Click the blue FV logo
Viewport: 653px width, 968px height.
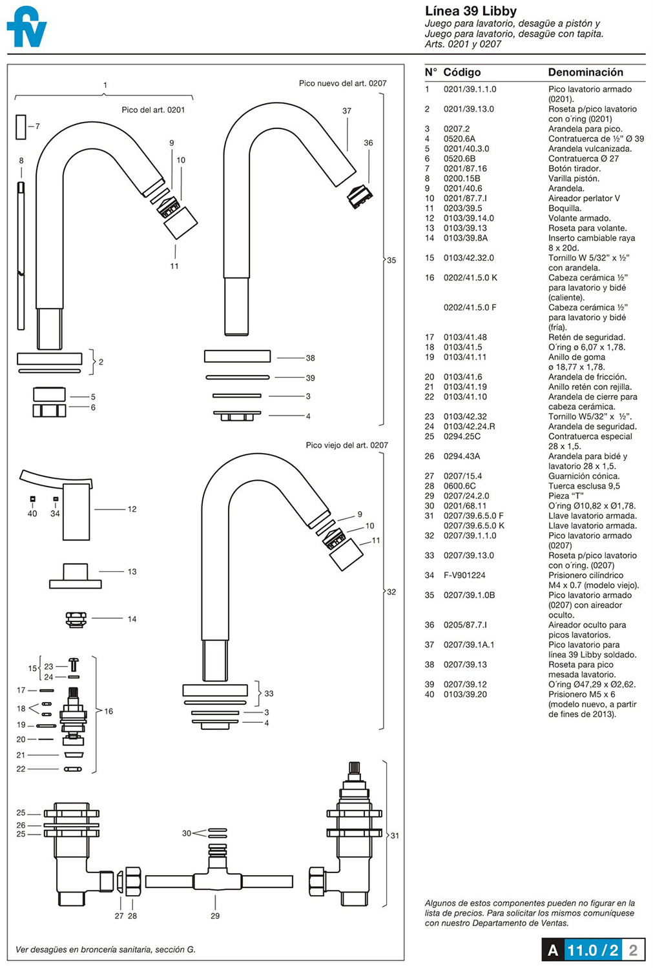tap(27, 27)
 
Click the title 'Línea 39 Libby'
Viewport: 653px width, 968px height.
tap(470, 11)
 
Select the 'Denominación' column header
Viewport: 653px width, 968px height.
tap(585, 72)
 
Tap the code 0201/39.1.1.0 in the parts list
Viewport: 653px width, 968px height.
tap(470, 89)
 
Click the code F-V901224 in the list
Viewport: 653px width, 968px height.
tap(464, 575)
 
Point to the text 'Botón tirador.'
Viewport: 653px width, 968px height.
tap(574, 168)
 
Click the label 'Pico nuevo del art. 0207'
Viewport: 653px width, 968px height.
tap(342, 83)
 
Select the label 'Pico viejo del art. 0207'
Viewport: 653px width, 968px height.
tap(347, 445)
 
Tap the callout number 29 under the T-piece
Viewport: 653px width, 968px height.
tap(215, 916)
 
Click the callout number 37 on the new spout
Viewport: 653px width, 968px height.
tap(347, 111)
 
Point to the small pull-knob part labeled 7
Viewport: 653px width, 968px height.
tap(21, 126)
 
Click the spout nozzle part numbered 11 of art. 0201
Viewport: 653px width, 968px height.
tap(180, 223)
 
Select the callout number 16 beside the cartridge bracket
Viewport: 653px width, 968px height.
tap(109, 711)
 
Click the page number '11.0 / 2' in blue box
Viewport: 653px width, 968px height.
tap(592, 950)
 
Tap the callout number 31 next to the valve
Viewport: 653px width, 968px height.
tap(395, 835)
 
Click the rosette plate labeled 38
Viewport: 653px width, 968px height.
tap(237, 356)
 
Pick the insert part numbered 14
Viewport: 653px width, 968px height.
tap(76, 618)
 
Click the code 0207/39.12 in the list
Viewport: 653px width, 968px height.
tap(465, 684)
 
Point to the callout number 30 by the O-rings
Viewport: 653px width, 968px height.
tap(187, 833)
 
